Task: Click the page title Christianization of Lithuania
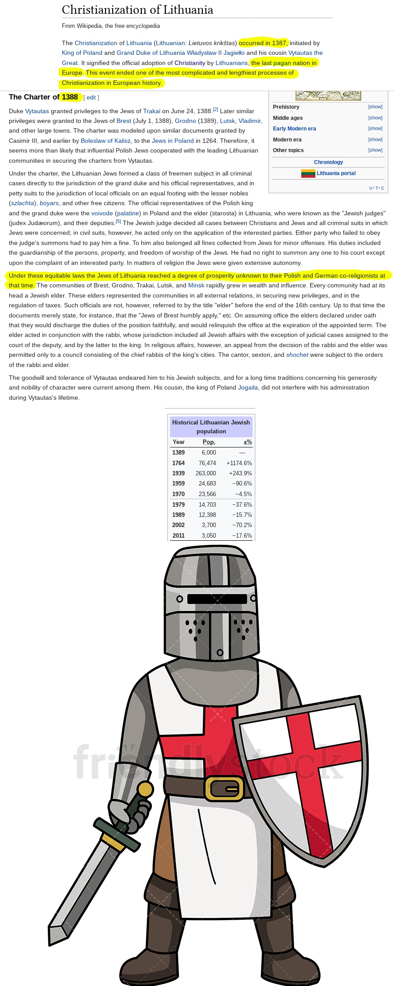point(137,10)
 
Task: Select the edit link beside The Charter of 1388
point(91,98)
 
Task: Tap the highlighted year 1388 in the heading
point(70,97)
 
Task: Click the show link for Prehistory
point(375,107)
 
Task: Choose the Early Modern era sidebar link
point(294,129)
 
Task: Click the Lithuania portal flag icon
point(308,173)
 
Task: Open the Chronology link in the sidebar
point(328,162)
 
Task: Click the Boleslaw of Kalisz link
point(106,141)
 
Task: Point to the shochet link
point(297,355)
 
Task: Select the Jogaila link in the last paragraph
point(248,388)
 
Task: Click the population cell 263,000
point(205,474)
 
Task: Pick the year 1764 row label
point(178,463)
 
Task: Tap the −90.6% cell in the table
point(242,484)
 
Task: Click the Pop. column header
point(208,442)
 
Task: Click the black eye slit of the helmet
point(217,599)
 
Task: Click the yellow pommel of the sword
point(145,789)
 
